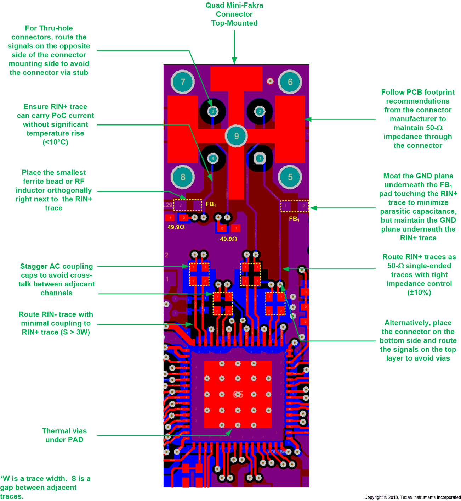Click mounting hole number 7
click(183, 82)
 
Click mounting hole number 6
click(290, 82)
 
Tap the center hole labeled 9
click(237, 136)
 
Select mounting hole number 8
click(183, 177)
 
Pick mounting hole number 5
click(290, 177)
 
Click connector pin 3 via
click(213, 111)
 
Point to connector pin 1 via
click(260, 158)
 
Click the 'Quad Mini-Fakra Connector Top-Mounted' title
click(234, 14)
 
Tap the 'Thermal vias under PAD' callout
click(64, 435)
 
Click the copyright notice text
click(412, 497)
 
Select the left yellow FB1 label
click(211, 204)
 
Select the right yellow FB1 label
click(294, 219)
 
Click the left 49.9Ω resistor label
click(176, 227)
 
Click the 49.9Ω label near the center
click(228, 239)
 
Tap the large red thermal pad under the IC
click(238, 394)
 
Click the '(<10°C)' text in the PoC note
click(55, 142)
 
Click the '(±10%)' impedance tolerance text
click(419, 293)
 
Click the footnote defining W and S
click(45, 487)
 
